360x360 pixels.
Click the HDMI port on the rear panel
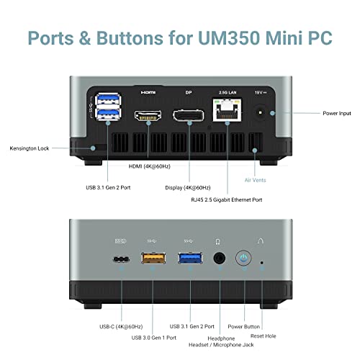(148, 115)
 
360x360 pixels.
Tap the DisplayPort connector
(189, 115)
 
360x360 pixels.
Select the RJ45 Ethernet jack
(227, 110)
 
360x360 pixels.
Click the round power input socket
(260, 112)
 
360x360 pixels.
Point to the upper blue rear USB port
(108, 99)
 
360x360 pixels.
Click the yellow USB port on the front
(153, 258)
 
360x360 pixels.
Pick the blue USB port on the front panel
(190, 258)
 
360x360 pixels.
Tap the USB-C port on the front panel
(121, 259)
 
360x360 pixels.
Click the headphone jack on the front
(220, 258)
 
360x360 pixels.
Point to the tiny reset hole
(261, 263)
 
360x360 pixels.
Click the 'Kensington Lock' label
(30, 148)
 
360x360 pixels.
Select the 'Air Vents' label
(255, 180)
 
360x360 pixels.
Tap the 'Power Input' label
(337, 113)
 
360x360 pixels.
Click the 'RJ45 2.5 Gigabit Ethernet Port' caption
(227, 199)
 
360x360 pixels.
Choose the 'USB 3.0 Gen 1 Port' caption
(154, 338)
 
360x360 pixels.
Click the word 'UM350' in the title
(229, 38)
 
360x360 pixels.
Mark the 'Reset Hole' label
(264, 336)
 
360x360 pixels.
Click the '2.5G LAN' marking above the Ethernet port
(228, 92)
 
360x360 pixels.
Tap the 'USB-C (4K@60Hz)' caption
(121, 327)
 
